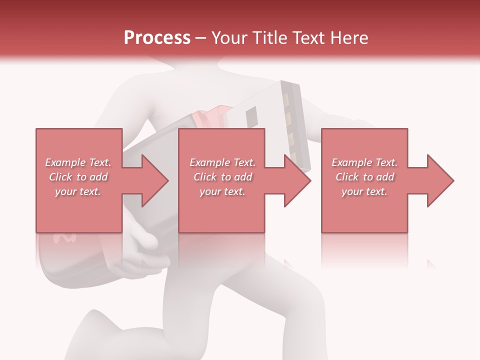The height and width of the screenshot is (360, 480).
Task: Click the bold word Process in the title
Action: pos(157,38)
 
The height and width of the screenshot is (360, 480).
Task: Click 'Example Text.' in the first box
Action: pos(78,162)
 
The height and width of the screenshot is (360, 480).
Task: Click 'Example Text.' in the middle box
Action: pos(222,162)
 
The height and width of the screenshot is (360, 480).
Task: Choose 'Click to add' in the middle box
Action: pos(222,177)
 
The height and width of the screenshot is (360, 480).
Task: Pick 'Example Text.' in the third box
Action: pos(364,162)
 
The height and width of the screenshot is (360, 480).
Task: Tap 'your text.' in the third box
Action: pos(364,191)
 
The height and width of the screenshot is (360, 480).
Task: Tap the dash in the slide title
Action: pos(201,38)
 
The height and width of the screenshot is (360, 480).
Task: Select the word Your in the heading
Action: pos(228,38)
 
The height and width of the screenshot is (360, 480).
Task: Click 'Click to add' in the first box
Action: pos(78,177)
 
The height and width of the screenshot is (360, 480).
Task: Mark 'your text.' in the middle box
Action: pos(222,191)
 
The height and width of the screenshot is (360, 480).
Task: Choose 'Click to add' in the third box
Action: pos(364,177)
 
